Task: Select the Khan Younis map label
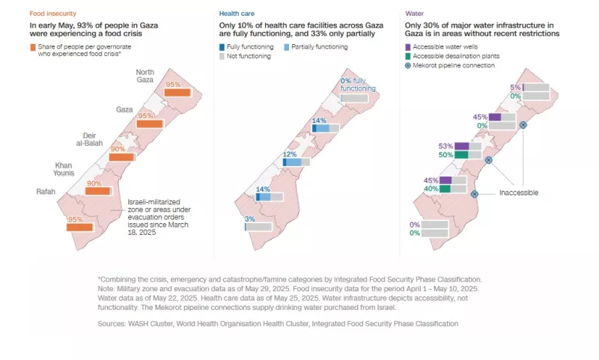coord(70,169)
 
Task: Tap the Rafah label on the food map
coord(46,192)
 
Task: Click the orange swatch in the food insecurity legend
coord(34,47)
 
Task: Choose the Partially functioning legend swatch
coord(289,47)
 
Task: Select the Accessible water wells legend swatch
coord(409,47)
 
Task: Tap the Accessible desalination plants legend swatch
coord(409,57)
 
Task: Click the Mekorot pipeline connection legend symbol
coord(409,67)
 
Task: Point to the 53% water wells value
coord(446,146)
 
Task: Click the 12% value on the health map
coord(290,155)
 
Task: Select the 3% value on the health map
coord(250,219)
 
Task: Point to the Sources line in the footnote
coord(278,323)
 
